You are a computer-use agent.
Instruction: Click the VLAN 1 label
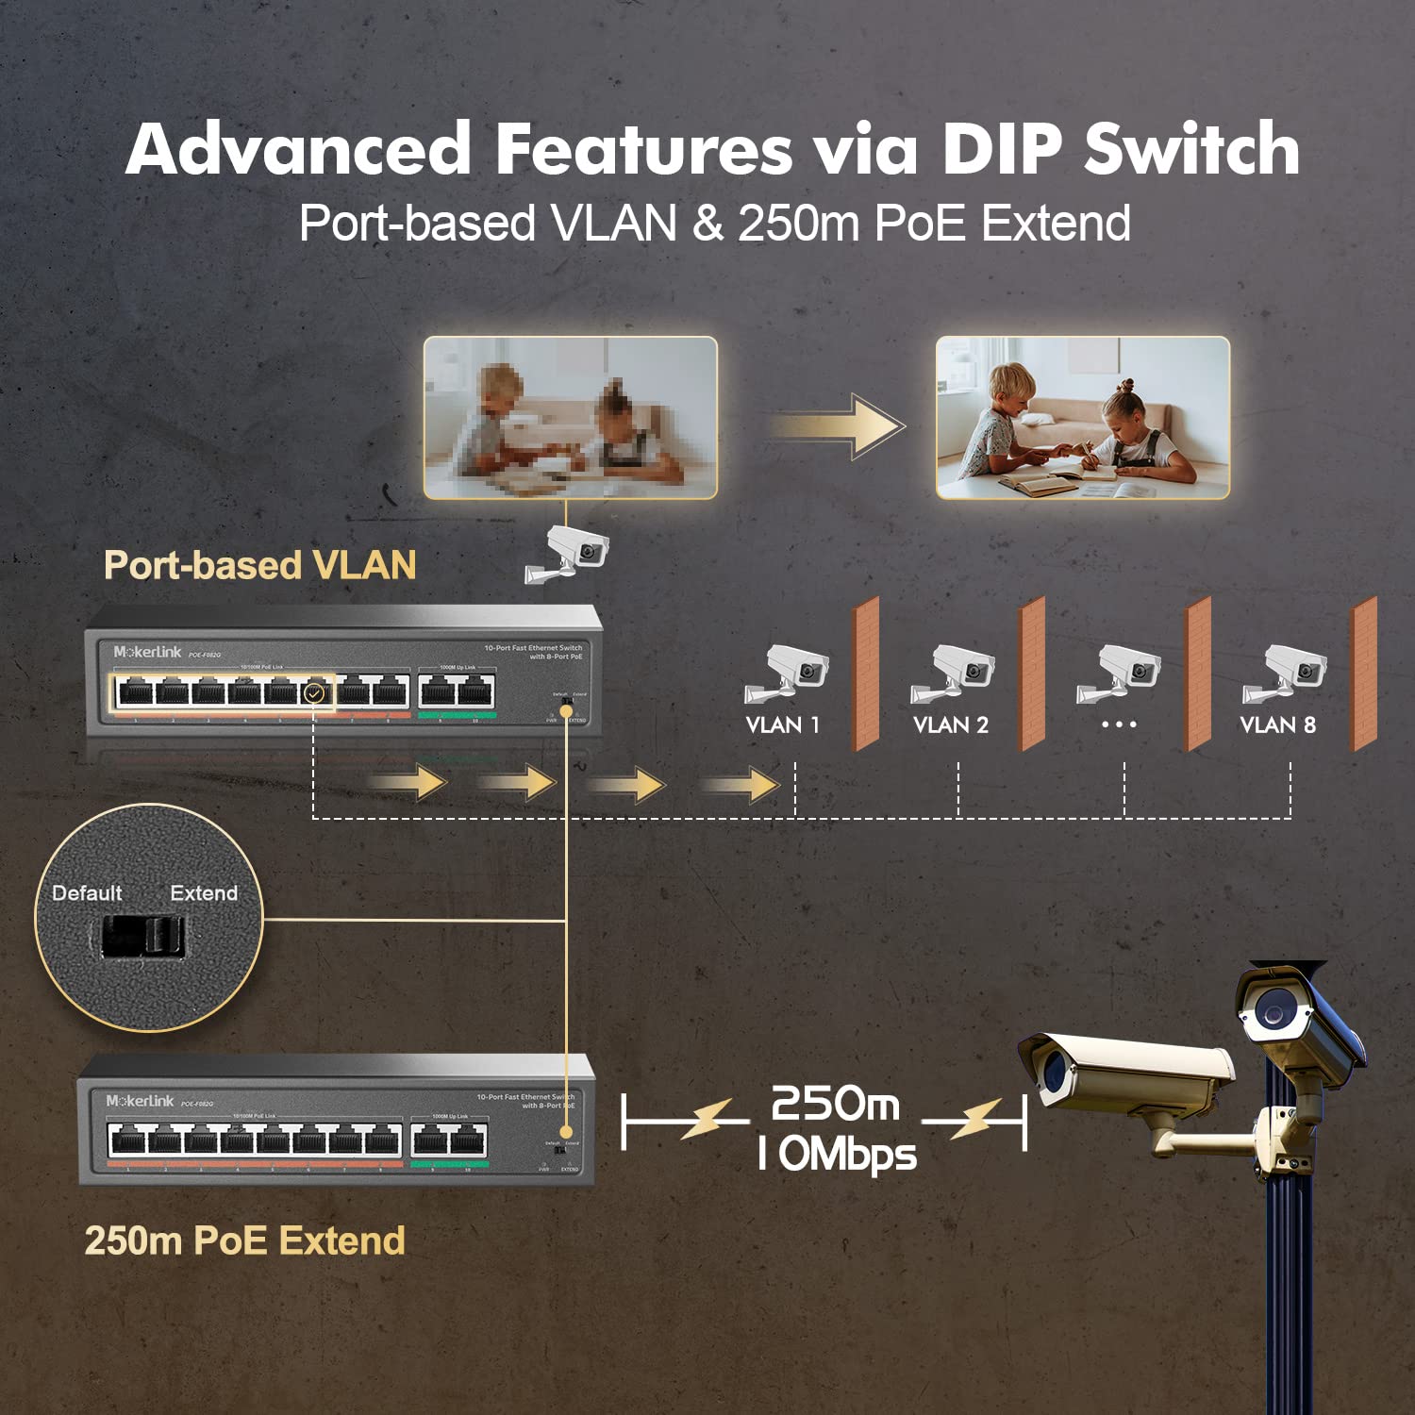click(782, 724)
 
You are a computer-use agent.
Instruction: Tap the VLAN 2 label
click(950, 724)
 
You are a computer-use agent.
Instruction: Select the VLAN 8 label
click(1277, 724)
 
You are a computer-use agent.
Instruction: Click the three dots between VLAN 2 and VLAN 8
click(1119, 724)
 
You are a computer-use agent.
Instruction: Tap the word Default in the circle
click(87, 892)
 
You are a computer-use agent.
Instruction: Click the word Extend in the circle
click(204, 892)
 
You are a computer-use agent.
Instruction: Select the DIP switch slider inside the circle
click(143, 936)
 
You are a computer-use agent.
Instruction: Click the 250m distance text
click(835, 1104)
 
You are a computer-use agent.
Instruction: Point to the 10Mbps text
click(837, 1154)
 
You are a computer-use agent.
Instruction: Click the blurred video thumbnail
click(570, 417)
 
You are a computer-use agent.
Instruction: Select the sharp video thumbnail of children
click(1082, 417)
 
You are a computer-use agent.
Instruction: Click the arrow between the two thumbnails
click(838, 425)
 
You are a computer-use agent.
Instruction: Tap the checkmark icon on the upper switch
click(315, 693)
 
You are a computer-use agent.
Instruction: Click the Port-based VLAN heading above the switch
click(260, 565)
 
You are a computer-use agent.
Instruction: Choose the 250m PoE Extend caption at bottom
click(244, 1240)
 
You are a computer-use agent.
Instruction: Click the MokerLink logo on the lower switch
click(140, 1101)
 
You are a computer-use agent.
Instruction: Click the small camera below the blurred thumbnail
click(569, 554)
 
